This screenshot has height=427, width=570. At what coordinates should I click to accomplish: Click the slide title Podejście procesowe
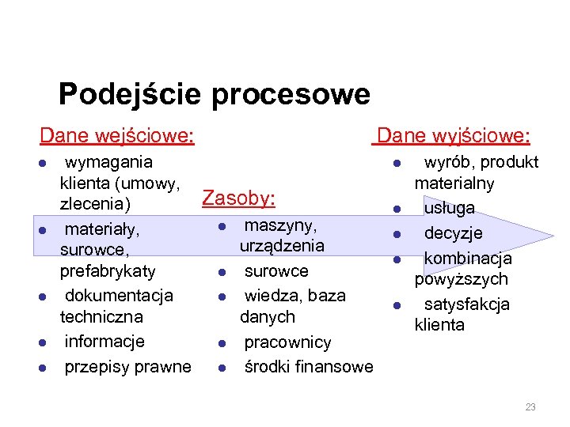[214, 94]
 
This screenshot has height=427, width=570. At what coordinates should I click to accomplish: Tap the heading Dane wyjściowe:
[454, 136]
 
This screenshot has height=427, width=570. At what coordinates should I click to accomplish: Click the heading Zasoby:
[238, 198]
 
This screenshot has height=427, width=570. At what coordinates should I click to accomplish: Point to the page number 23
[530, 407]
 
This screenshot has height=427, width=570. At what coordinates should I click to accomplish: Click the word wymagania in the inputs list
[108, 162]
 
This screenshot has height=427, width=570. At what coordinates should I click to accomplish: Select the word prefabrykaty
[108, 270]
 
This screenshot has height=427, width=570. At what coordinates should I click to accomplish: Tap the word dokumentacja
[118, 295]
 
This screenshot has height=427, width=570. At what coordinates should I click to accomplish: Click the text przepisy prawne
[127, 366]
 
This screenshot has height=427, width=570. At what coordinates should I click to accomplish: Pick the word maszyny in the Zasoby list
[279, 225]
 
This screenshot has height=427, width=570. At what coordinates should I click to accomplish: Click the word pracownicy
[287, 342]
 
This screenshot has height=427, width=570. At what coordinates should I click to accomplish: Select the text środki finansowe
[308, 366]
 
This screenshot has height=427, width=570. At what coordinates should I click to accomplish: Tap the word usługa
[449, 208]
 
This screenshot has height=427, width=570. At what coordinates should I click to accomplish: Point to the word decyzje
[453, 233]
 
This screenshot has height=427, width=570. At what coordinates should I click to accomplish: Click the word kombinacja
[468, 259]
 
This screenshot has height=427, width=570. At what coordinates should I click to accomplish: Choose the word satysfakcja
[466, 304]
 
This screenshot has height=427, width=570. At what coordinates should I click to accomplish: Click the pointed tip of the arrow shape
[553, 236]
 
